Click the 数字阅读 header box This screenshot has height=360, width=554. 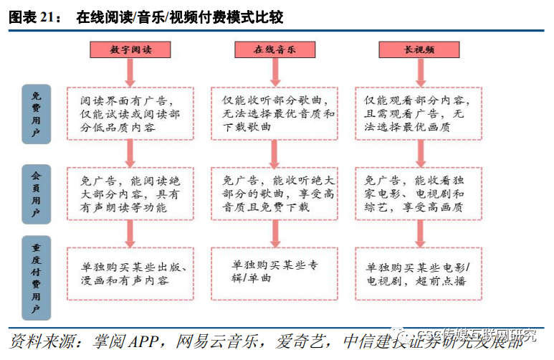(130, 49)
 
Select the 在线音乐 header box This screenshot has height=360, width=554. (274, 49)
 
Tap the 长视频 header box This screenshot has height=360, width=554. (419, 49)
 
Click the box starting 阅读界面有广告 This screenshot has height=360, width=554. (130, 114)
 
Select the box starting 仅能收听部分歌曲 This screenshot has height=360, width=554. (274, 114)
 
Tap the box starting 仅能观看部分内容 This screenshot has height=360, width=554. (419, 114)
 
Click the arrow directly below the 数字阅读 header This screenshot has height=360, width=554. (130, 72)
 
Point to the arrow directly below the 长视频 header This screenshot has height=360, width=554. (419, 72)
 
